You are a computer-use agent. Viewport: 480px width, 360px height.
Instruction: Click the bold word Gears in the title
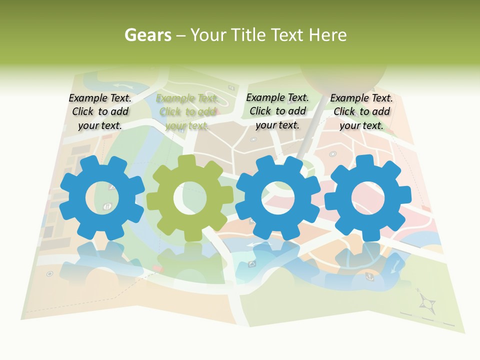[148, 35]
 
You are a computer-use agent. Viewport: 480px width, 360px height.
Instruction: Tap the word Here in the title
[327, 35]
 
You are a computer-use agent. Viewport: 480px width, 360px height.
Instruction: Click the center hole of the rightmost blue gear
[367, 197]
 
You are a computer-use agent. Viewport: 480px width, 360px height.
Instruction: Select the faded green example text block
[187, 112]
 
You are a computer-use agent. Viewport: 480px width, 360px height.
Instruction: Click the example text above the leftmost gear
[100, 112]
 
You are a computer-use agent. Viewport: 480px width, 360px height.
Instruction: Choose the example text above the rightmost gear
[361, 112]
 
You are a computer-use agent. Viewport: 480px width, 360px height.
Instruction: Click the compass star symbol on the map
[426, 302]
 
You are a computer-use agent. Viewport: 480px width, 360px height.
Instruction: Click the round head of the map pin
[343, 75]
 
